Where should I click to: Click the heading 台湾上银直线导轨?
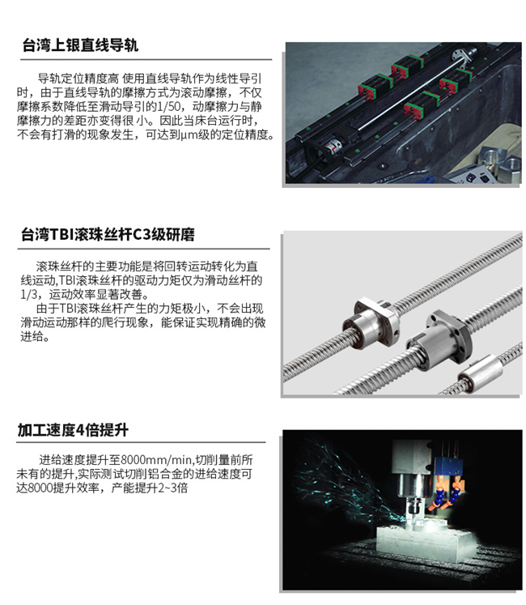[80, 45]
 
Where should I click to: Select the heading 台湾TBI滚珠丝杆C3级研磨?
[108, 235]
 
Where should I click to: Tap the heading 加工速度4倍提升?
[73, 430]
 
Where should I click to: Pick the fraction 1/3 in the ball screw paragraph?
[29, 294]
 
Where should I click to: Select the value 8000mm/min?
[156, 460]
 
